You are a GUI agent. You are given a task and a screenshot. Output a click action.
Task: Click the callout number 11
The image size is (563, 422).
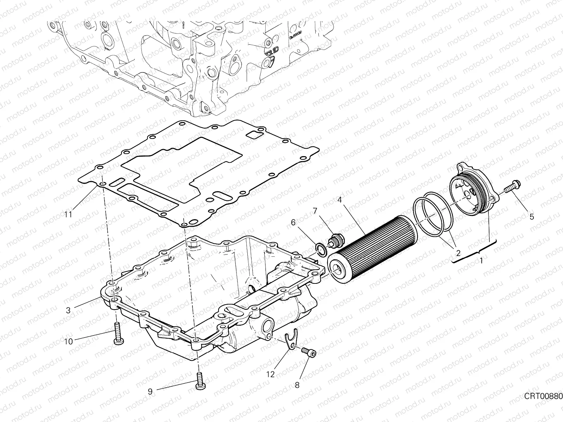[x=68, y=214]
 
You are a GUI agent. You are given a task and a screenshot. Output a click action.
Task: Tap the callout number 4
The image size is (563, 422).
[x=339, y=200]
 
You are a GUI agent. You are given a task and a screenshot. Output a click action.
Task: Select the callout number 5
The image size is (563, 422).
[x=531, y=217]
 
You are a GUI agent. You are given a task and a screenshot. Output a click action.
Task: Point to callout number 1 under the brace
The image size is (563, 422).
[x=481, y=261]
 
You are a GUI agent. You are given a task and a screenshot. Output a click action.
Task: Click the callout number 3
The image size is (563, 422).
[x=68, y=310]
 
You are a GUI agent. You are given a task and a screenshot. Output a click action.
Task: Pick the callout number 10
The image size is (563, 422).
[x=68, y=341]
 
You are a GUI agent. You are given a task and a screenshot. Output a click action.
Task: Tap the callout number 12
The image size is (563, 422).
[x=270, y=375]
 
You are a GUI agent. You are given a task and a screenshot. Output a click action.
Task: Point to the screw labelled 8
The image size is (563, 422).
[x=309, y=353]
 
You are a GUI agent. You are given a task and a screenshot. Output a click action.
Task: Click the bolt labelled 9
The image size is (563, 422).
[x=200, y=382]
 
